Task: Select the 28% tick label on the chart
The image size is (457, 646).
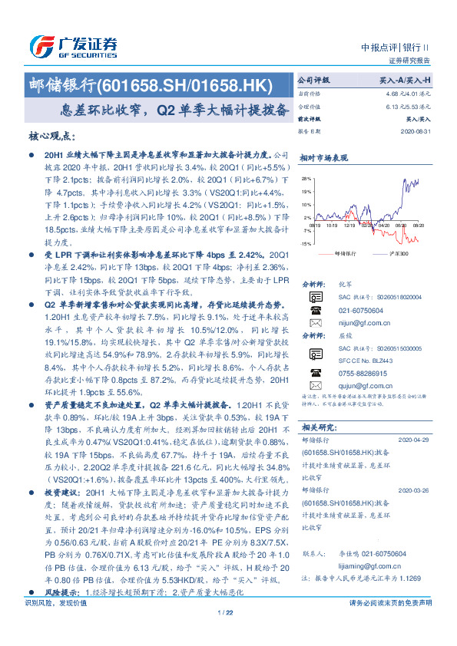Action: click(x=306, y=177)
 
